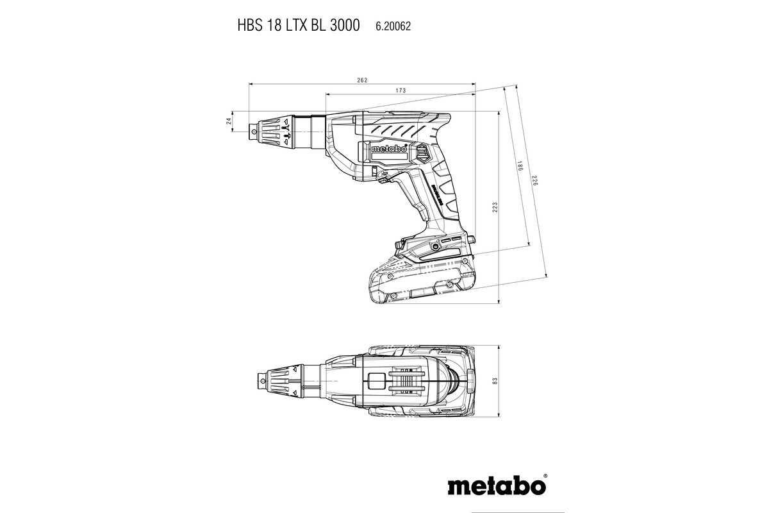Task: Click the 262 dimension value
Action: pos(362,80)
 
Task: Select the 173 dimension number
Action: pos(401,91)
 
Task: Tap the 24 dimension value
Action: pos(229,122)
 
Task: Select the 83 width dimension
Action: pos(495,381)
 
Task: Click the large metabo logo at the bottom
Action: pos(498,485)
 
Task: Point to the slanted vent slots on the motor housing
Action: pos(397,130)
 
